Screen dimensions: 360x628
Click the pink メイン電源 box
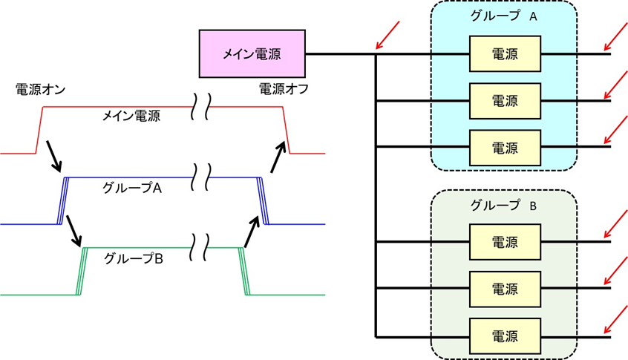252,53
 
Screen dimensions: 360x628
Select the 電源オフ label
284,89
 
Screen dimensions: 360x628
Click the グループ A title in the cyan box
504,16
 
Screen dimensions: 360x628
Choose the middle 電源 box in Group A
505,100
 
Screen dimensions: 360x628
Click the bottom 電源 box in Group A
505,147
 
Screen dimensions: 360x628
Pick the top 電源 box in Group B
505,242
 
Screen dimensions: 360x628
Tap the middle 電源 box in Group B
505,289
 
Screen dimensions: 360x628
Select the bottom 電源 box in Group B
505,336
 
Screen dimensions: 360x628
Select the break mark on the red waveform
201,105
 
